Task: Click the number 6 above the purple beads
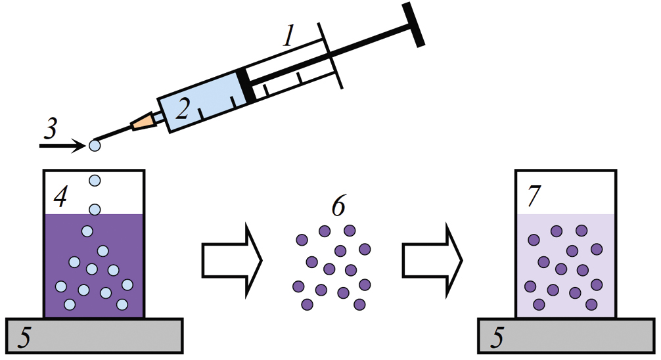336,207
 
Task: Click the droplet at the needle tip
95,145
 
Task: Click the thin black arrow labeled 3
62,145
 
